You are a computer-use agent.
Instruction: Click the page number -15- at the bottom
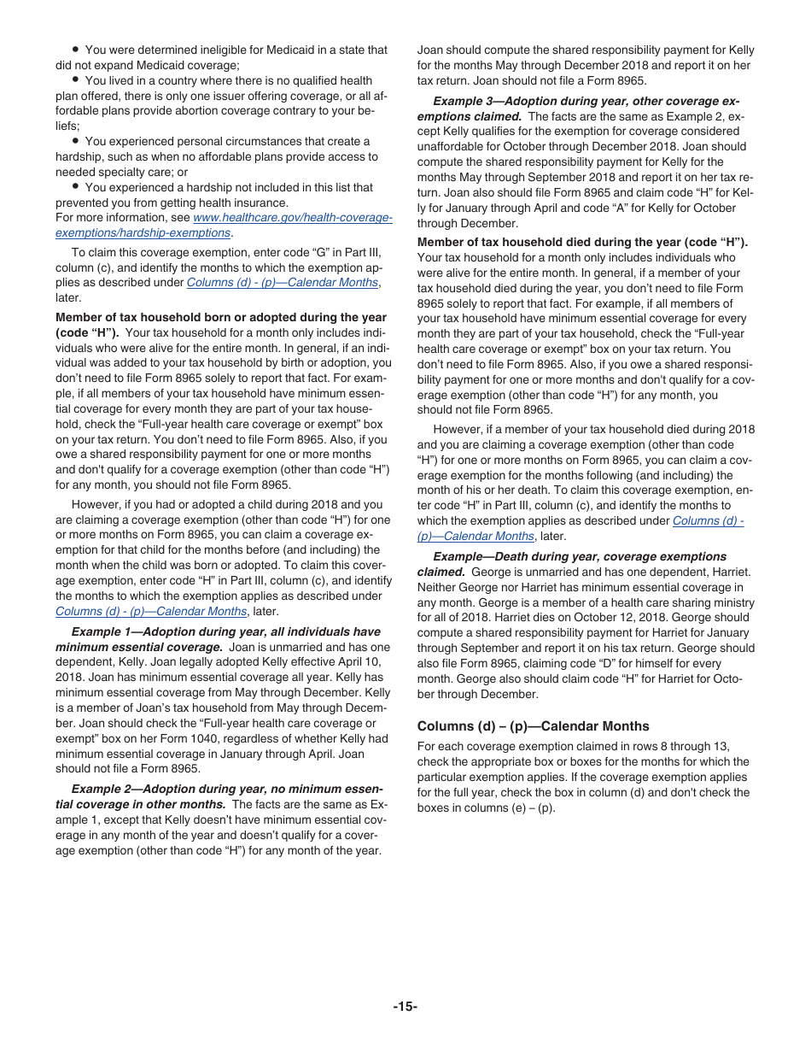click(405, 1007)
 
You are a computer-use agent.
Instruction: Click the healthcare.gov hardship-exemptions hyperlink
click(293, 218)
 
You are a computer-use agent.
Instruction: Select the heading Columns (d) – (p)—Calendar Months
click(533, 726)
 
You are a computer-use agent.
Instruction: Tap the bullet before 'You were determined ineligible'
click(76, 50)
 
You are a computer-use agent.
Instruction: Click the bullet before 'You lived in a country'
click(76, 81)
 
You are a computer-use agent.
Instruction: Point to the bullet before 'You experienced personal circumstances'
click(76, 142)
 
